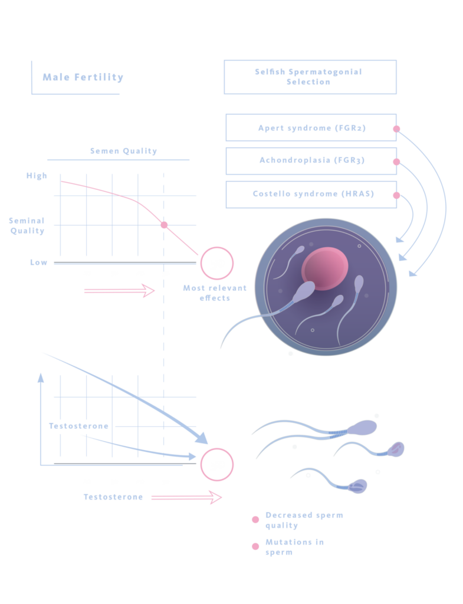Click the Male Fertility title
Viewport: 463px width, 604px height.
[83, 77]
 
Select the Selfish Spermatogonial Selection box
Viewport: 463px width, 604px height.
[310, 77]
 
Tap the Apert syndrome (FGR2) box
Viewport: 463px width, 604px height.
[311, 128]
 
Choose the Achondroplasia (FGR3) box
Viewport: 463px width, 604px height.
[311, 161]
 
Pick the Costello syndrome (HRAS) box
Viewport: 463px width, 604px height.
[311, 194]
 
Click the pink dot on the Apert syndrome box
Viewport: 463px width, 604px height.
[397, 129]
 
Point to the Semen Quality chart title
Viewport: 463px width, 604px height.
[123, 151]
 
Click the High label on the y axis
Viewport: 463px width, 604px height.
[37, 176]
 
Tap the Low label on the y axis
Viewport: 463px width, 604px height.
[39, 262]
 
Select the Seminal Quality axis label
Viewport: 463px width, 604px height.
[27, 225]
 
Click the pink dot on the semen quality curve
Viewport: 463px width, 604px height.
[164, 225]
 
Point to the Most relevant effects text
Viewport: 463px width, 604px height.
[215, 293]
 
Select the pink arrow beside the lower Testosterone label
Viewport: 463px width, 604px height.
[186, 498]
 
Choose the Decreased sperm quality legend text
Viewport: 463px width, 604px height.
[304, 520]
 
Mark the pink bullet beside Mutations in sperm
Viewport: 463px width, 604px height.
[255, 546]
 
